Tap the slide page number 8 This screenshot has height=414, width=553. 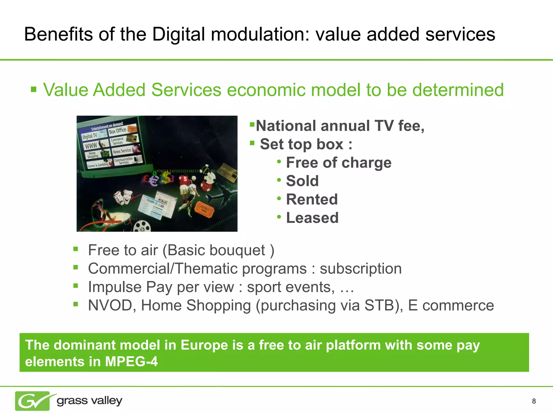pyautogui.click(x=534, y=401)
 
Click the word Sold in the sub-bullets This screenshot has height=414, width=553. pyautogui.click(x=302, y=181)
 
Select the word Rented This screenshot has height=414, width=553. pyautogui.click(x=312, y=199)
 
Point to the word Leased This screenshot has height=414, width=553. pyautogui.click(x=312, y=218)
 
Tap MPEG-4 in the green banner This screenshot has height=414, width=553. pyautogui.click(x=131, y=361)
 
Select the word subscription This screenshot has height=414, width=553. pyautogui.click(x=360, y=269)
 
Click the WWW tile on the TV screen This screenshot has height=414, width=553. pyautogui.click(x=91, y=146)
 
